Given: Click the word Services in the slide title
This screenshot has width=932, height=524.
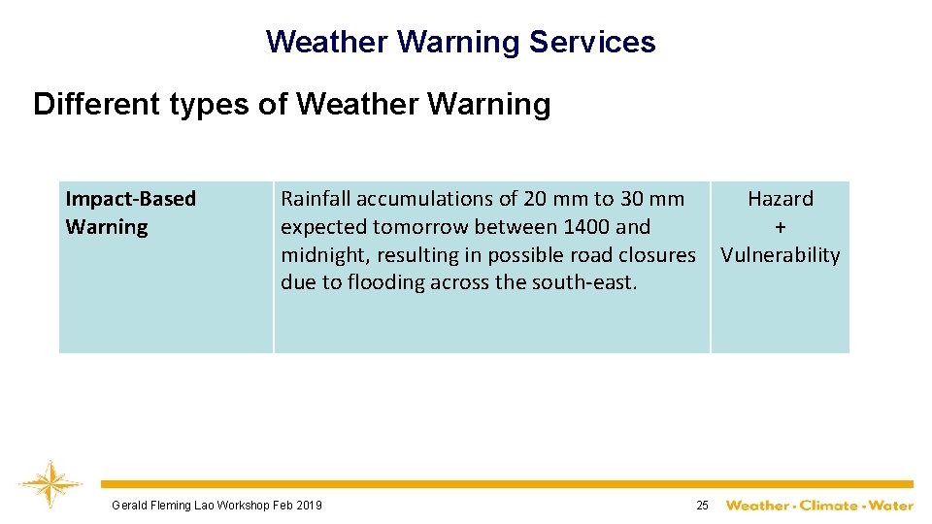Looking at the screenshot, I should tap(592, 42).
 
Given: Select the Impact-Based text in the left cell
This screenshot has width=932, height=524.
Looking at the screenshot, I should tap(130, 199).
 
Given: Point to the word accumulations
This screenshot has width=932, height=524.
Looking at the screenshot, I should tap(427, 199).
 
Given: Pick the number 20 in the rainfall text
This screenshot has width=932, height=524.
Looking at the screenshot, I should tap(535, 199).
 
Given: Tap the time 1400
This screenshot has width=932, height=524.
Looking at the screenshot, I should tap(585, 227).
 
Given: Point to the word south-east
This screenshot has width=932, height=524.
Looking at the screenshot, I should tap(584, 282).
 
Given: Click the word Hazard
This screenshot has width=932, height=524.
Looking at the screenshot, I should tap(781, 199).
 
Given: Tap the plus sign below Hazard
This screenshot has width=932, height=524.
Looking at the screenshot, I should tap(781, 227).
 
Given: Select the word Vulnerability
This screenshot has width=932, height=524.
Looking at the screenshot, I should tap(781, 255).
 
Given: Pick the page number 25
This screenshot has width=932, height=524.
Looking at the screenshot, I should tap(702, 505).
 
